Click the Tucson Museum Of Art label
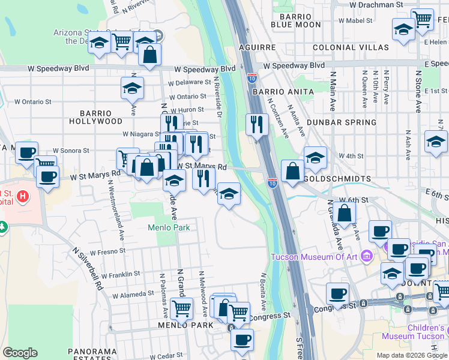[x=318, y=257]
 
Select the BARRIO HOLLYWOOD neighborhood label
[x=95, y=117]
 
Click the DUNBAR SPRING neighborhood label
[x=341, y=122]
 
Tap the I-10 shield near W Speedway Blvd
[x=252, y=77]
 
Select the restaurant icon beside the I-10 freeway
[x=257, y=125]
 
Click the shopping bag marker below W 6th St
[x=345, y=213]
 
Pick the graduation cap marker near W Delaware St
[x=132, y=88]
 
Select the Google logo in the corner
[x=20, y=353]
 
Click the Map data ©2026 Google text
[x=411, y=355]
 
